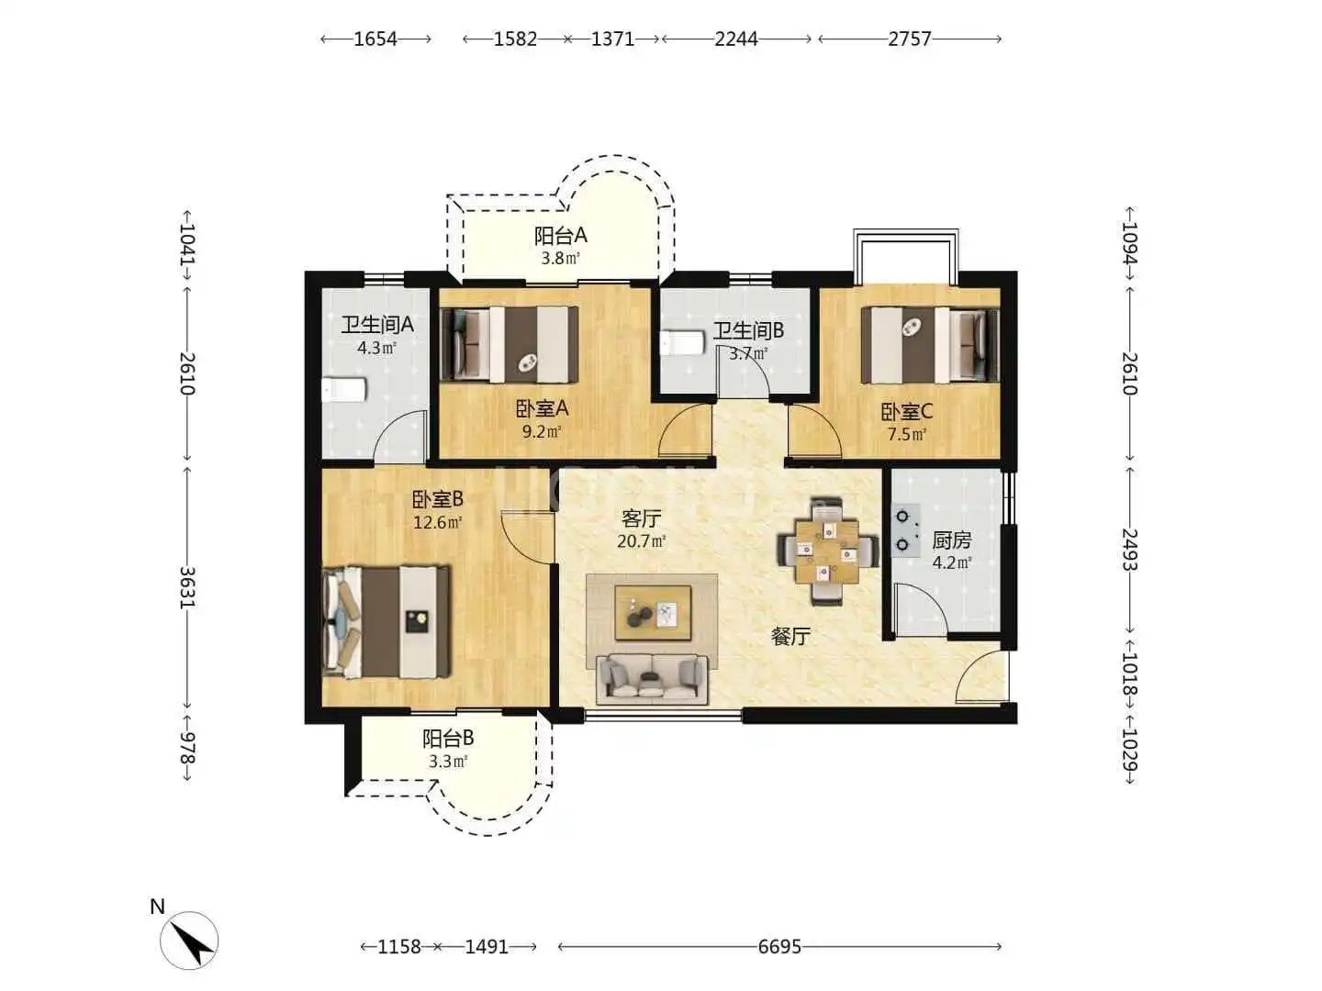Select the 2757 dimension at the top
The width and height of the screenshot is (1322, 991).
click(x=910, y=39)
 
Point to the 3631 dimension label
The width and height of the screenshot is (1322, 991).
click(x=187, y=587)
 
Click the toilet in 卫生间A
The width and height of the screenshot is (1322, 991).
click(x=344, y=391)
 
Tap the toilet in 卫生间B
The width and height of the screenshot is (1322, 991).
click(x=682, y=343)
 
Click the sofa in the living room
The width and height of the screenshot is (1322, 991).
click(x=651, y=680)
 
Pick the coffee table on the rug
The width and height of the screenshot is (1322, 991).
click(x=653, y=613)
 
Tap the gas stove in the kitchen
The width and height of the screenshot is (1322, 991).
click(x=905, y=530)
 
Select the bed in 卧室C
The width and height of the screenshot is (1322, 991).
click(x=929, y=345)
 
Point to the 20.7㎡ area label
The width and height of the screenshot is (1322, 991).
click(x=642, y=541)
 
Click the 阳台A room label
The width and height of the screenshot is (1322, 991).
click(x=560, y=236)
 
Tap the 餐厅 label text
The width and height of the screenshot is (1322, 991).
click(x=790, y=637)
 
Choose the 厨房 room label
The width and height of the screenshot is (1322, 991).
click(x=952, y=540)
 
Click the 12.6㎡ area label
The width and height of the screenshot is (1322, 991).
click(x=438, y=522)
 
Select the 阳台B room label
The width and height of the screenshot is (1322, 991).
click(x=448, y=739)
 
